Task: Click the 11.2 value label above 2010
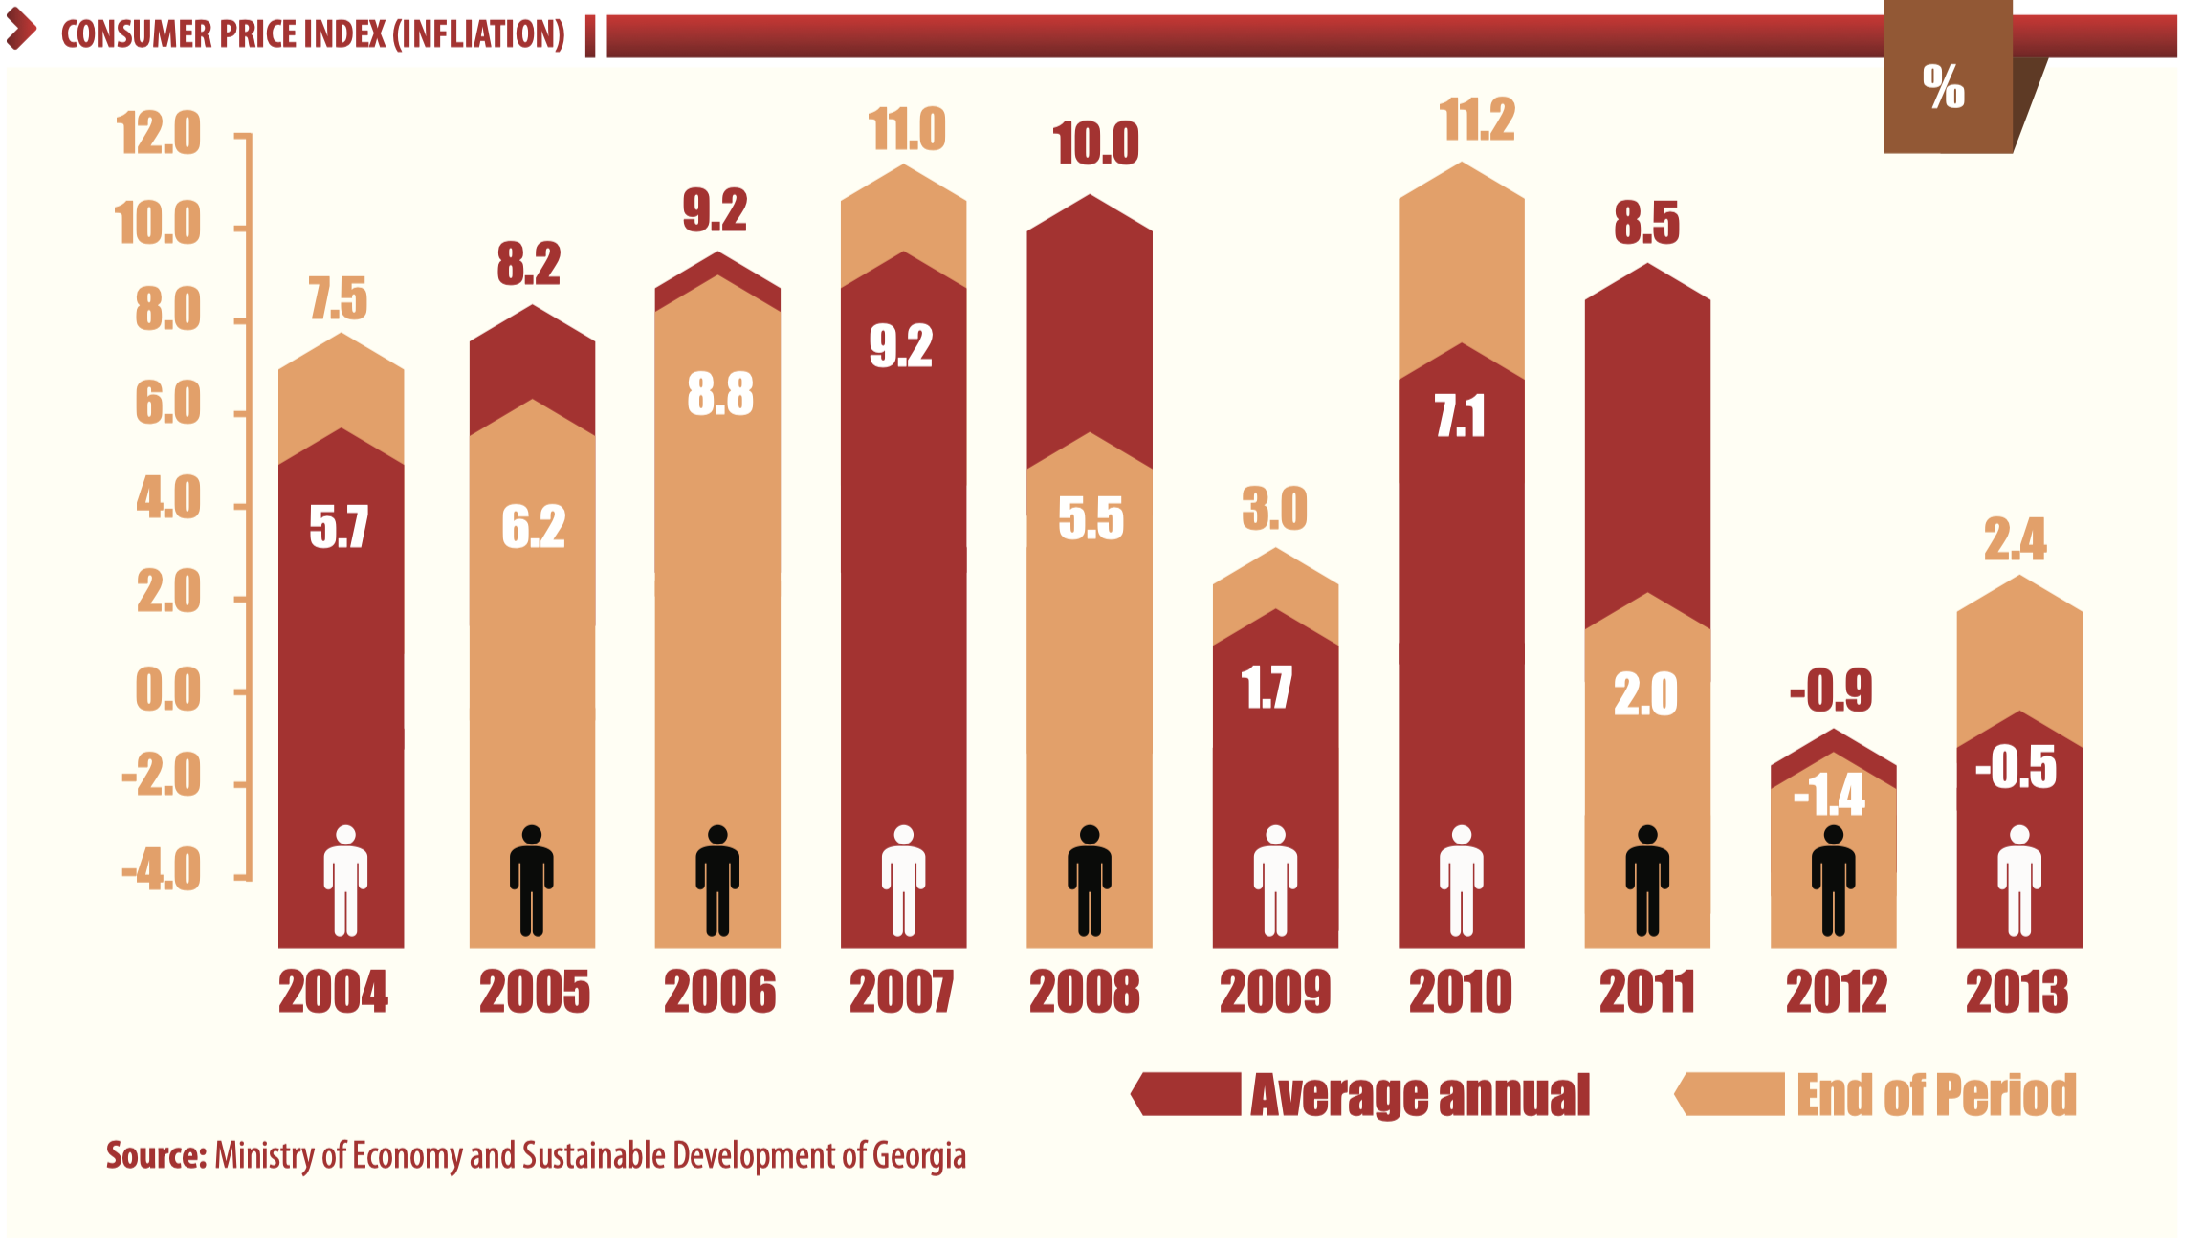1477,121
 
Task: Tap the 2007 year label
901,992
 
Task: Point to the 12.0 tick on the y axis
159,133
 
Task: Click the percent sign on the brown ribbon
1943,87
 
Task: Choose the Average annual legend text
1420,1095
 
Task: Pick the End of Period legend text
1936,1095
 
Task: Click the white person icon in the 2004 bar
345,880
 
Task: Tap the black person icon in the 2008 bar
1089,880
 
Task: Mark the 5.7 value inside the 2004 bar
339,527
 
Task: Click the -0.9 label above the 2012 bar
1830,690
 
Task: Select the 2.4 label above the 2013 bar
2015,539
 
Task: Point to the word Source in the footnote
156,1155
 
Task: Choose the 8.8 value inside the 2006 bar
720,394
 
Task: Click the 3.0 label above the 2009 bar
1274,509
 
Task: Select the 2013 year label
2017,992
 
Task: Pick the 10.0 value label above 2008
1095,144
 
